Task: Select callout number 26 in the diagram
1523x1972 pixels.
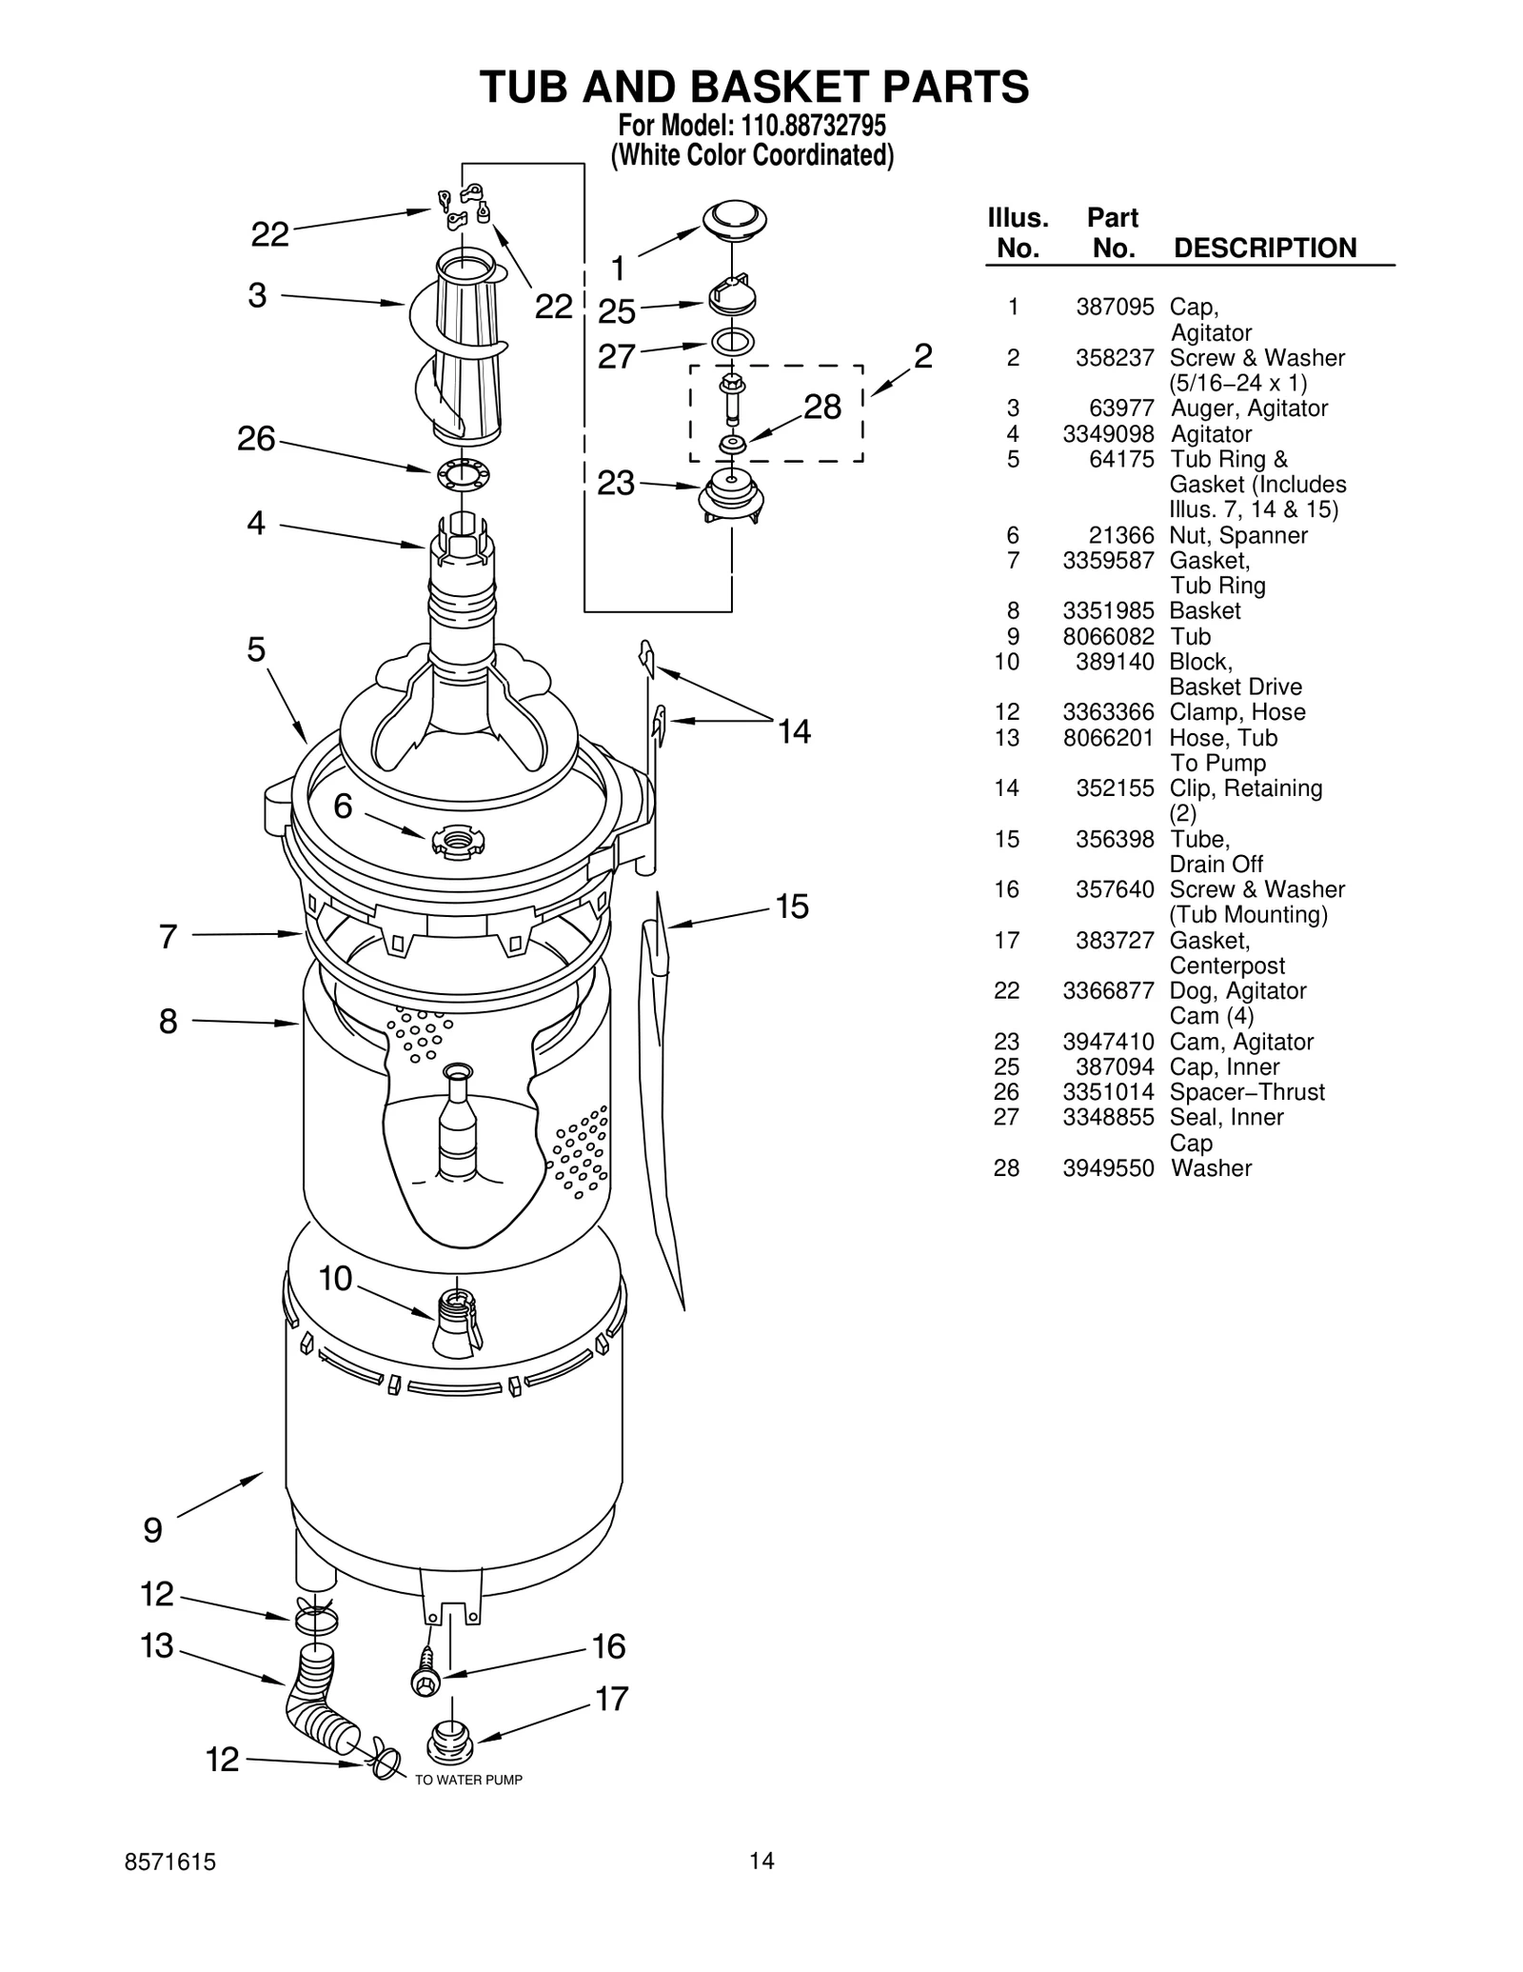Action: (x=256, y=439)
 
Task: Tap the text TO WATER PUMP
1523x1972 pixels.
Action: (x=468, y=1780)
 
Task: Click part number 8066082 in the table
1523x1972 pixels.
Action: (x=1108, y=636)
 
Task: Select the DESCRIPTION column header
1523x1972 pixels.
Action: (x=1264, y=248)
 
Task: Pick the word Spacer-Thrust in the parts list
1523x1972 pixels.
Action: (x=1246, y=1092)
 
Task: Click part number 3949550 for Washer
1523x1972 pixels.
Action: (x=1108, y=1168)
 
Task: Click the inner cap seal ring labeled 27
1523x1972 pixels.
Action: (x=732, y=341)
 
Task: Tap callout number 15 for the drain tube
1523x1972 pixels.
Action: (x=792, y=906)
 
